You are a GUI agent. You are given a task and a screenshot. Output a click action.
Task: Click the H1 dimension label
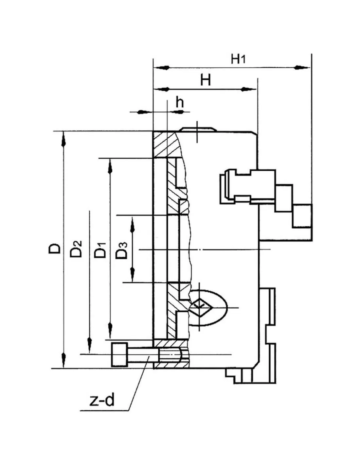coord(238,59)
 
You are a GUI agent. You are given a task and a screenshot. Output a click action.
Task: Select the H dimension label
coord(205,80)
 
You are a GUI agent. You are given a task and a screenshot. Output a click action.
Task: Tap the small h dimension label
coord(180,103)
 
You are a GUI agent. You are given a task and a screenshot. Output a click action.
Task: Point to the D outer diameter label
coord(55,249)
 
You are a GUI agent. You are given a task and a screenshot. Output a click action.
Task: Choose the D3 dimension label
coord(122,250)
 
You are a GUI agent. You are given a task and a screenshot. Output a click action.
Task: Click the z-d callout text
coord(102,400)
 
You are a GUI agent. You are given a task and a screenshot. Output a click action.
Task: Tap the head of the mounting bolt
coord(119,354)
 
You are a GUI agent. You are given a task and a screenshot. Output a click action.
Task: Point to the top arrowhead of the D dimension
coord(64,139)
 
